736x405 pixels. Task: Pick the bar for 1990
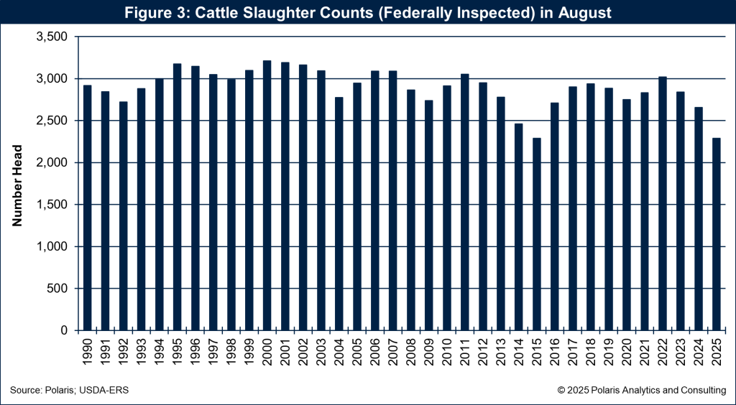[x=87, y=208]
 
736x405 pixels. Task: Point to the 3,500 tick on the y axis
[x=50, y=37]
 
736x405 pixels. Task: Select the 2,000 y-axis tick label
[x=50, y=163]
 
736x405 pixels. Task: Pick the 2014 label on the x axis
[x=519, y=351]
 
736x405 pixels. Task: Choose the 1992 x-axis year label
[x=124, y=351]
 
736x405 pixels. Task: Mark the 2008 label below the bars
[x=411, y=351]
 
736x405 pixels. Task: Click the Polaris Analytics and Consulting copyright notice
[x=641, y=389]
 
